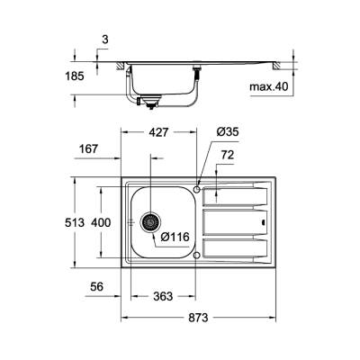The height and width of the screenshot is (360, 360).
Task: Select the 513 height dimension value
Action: [82, 221]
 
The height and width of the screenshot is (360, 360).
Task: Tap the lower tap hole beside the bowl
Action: [197, 255]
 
